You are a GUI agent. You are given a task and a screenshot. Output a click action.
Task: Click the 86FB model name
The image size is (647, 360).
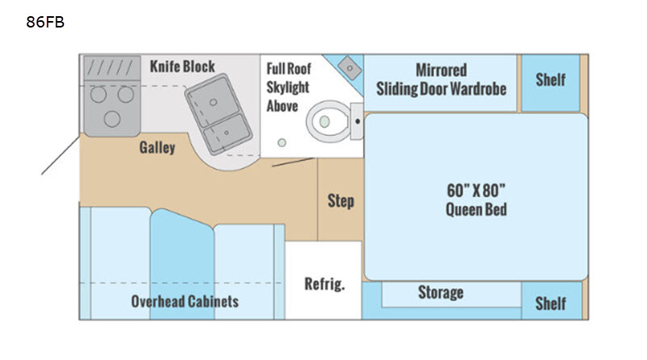45,22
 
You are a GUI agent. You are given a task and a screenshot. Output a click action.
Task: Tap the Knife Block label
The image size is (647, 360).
182,66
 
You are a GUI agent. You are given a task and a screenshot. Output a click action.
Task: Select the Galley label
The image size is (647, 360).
157,147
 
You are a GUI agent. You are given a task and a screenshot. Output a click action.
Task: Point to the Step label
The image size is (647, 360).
340,201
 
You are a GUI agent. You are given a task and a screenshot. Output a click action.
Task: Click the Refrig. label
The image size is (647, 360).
324,284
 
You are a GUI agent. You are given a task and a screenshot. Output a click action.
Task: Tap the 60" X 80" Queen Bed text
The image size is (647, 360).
476,200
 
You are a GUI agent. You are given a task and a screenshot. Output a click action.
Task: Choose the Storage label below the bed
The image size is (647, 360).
441,292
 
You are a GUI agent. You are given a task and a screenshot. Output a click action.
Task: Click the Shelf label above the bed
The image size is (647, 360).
551,79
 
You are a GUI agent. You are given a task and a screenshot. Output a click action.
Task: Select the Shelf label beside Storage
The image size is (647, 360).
551,303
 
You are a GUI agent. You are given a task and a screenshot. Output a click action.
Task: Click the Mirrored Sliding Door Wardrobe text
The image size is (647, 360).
441,79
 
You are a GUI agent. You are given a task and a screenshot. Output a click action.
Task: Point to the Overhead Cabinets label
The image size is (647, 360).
185,302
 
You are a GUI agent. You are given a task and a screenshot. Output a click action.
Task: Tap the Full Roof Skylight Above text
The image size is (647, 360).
289,87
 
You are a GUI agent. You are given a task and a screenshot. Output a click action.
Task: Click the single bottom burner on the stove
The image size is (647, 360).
112,119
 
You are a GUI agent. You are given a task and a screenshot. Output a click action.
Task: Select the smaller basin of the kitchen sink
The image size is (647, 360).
228,133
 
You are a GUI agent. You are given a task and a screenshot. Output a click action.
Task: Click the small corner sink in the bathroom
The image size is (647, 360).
350,68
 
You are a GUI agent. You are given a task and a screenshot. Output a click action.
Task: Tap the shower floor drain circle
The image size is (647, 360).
281,143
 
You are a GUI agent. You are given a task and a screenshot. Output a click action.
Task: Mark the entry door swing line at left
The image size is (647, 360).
60,155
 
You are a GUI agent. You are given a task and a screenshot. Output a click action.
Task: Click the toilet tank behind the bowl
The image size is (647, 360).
357,121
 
